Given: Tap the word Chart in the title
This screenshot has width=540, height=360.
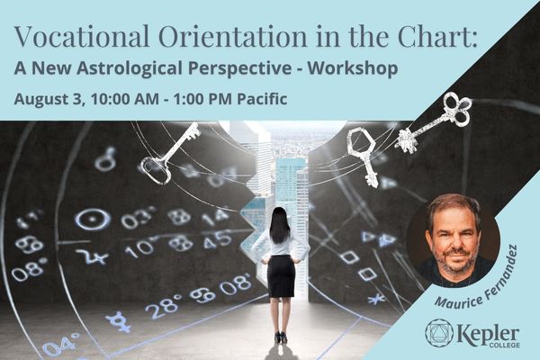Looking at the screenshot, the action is click(438, 36).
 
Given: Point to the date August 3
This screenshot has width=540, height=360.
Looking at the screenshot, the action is click(49, 99).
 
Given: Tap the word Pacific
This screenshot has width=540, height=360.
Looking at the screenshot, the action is click(262, 99).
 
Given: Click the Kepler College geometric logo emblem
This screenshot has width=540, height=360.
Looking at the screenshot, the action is click(438, 332).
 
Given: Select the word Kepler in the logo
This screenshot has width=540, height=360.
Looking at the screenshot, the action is click(489, 334).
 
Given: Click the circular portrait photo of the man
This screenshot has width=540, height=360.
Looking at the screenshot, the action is click(454, 240).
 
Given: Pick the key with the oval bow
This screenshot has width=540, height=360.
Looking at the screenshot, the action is click(169, 152).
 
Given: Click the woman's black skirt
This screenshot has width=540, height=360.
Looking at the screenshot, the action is click(281, 276).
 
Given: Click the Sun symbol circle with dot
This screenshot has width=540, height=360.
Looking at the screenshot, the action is click(93, 220).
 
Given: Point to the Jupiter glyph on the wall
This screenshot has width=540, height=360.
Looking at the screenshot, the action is click(93, 256).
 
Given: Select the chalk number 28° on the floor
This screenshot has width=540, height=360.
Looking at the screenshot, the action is click(163, 305).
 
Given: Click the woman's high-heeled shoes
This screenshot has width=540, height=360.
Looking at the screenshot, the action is click(282, 337).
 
